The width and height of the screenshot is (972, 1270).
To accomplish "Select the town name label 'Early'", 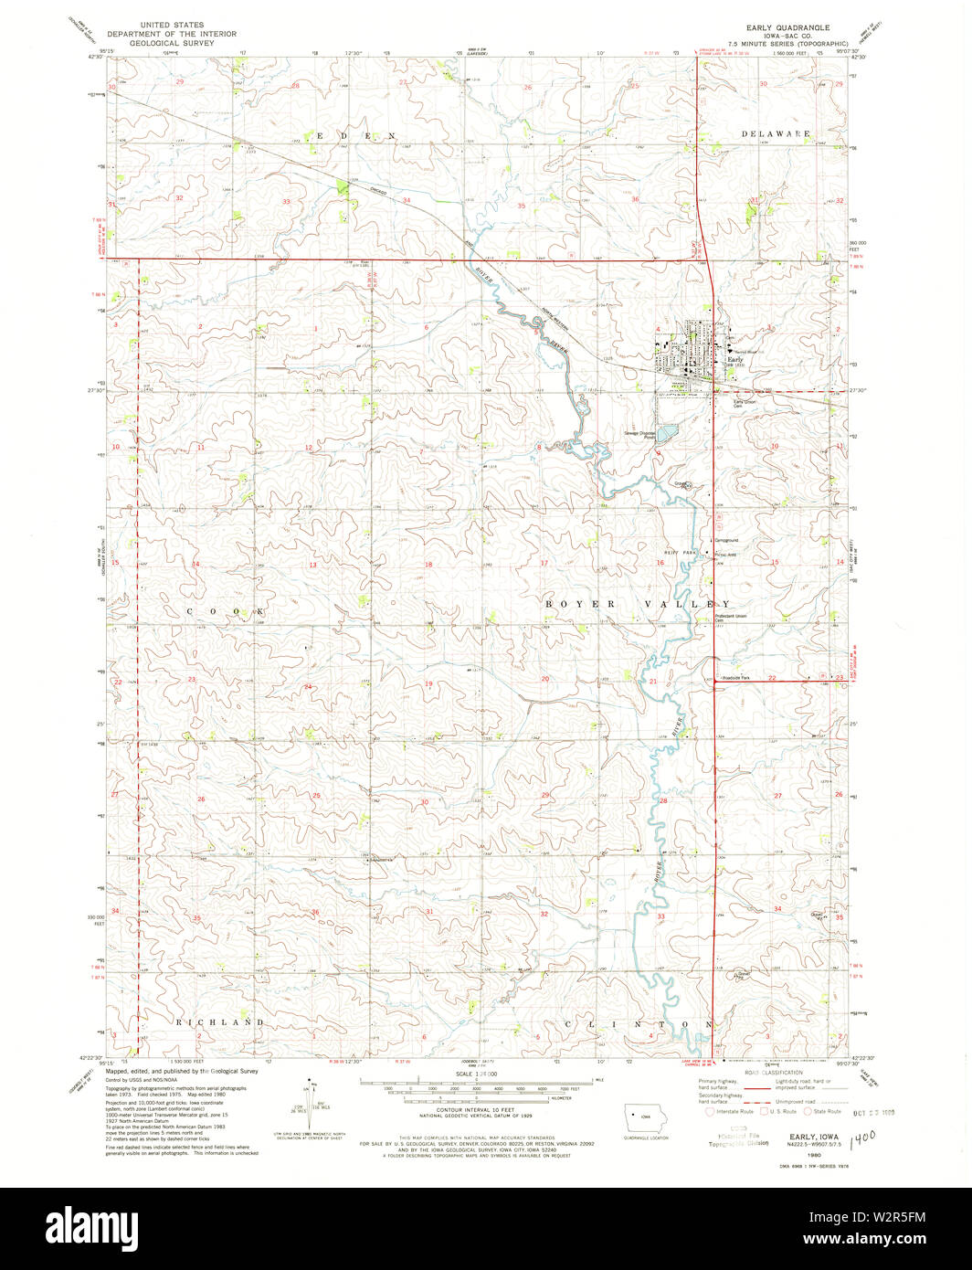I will coord(734,360).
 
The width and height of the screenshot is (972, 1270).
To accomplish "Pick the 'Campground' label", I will coord(726,539).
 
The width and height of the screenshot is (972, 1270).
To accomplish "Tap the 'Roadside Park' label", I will coord(734,678).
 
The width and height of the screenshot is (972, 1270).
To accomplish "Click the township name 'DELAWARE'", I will coord(776,134).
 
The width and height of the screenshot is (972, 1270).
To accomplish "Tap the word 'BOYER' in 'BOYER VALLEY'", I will coord(576,604).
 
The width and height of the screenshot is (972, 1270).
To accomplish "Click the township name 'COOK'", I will coord(227,609).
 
